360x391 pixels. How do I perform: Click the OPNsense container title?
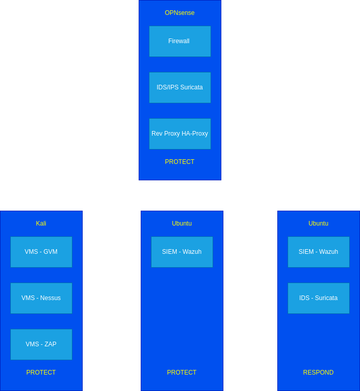180,13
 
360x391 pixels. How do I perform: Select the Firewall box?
180,41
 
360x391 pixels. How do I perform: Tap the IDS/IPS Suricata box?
180,87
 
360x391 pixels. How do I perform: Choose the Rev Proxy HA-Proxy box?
180,134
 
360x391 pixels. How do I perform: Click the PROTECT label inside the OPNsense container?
180,162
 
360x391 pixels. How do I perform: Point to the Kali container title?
41,224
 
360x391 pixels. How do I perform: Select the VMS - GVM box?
41,252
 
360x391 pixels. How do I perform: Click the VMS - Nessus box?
41,298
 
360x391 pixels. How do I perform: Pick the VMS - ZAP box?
41,344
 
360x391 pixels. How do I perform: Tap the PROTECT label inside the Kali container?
41,373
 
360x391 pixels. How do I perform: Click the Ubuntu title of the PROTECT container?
182,224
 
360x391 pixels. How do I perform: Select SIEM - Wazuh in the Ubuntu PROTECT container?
182,252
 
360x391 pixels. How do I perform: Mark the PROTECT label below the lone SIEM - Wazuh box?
182,373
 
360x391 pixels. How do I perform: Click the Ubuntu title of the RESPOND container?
318,224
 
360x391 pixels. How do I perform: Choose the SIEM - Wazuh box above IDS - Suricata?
318,252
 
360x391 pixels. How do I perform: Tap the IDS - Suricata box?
318,298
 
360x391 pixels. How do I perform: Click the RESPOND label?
318,373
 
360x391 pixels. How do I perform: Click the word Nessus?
51,298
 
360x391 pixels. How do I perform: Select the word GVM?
50,252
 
